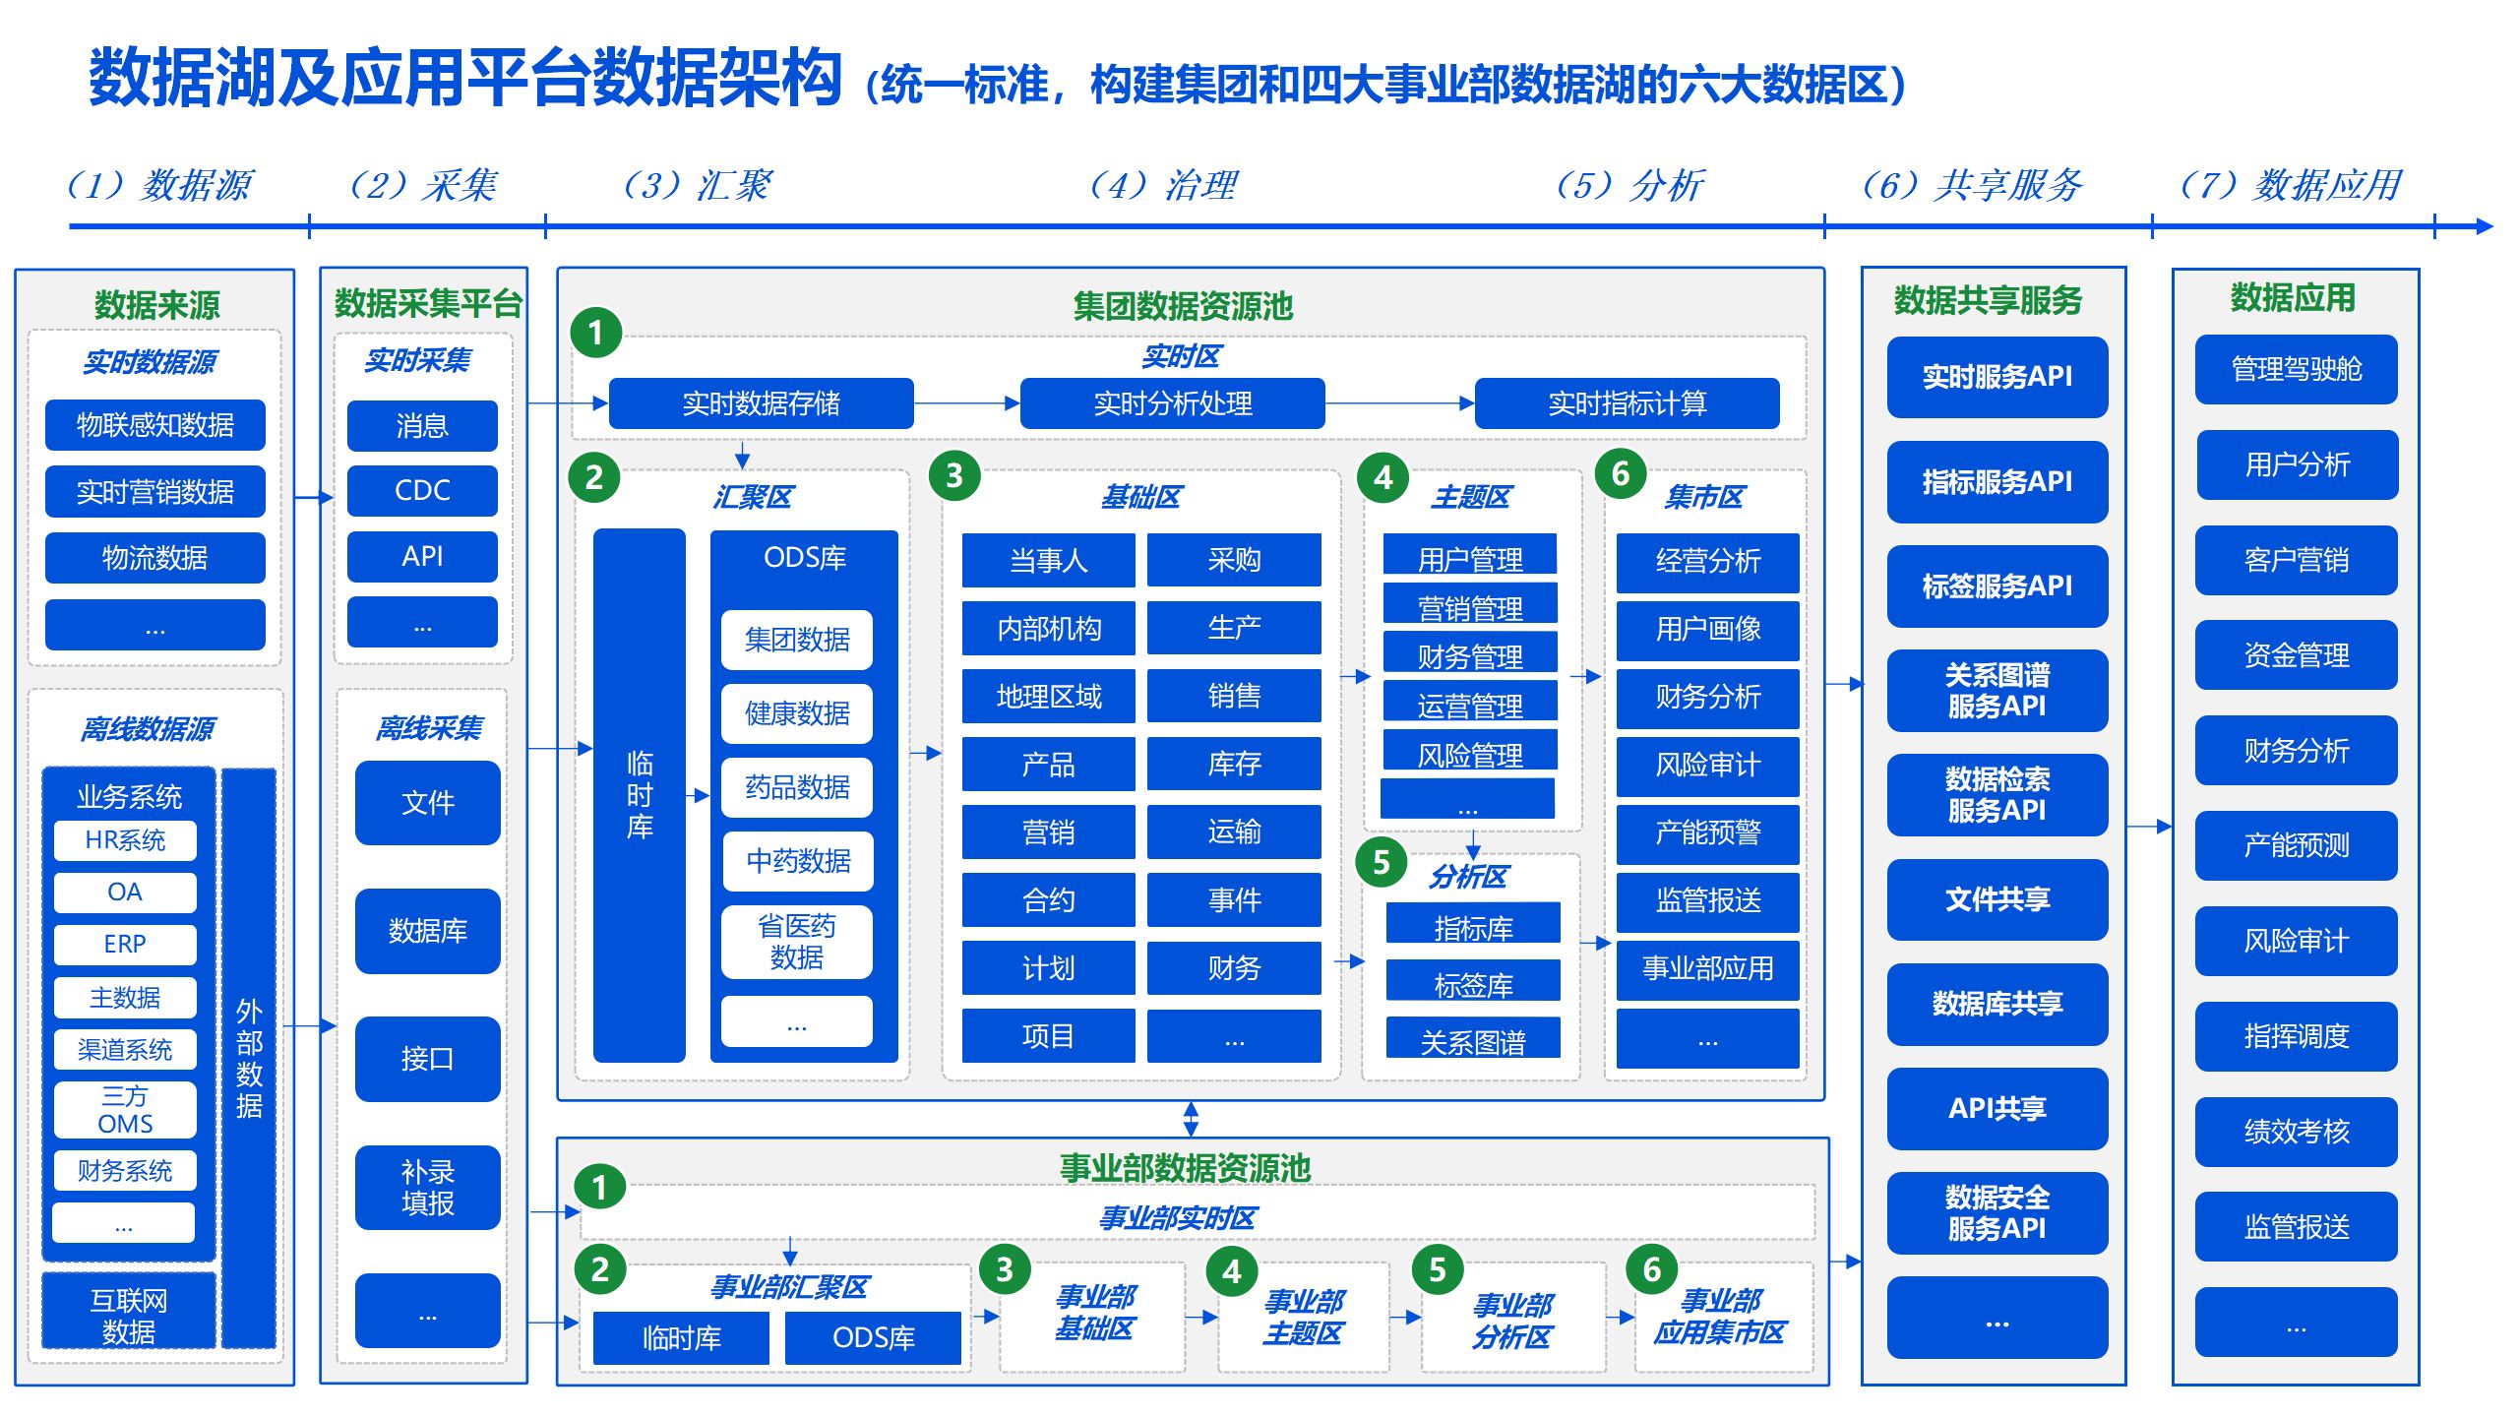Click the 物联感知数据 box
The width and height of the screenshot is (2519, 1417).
point(154,425)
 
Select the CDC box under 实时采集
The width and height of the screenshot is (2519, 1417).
point(422,490)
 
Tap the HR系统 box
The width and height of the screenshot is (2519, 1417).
point(125,840)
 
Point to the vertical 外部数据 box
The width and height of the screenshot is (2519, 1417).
point(249,1058)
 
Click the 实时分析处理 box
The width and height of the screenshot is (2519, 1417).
point(1172,403)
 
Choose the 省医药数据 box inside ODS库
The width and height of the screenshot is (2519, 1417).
point(796,942)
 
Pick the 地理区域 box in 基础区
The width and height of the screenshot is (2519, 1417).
point(1048,697)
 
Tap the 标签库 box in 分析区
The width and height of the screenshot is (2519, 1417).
point(1473,984)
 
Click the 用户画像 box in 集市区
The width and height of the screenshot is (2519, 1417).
point(1707,629)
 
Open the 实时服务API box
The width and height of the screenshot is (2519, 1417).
point(1997,377)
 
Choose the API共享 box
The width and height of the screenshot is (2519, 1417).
point(1997,1108)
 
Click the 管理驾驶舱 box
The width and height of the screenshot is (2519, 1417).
point(2296,369)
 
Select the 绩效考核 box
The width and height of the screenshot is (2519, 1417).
point(2296,1132)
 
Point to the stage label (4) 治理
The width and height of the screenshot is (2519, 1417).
point(1163,185)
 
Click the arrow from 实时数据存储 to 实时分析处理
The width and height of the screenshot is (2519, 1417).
point(966,403)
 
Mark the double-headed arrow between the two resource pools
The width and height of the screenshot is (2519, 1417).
point(1191,1119)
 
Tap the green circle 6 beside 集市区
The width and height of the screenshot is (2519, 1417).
point(1620,474)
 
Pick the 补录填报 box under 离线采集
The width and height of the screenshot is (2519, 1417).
point(427,1187)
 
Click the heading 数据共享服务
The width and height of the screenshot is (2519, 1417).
point(1988,300)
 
